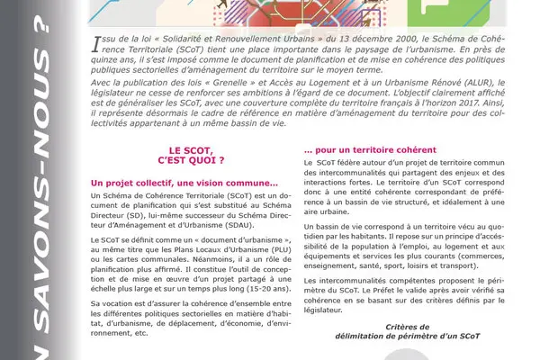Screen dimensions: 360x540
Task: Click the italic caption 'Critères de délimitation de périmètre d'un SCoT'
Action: point(384,332)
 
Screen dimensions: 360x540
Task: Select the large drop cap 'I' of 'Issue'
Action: point(96,42)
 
